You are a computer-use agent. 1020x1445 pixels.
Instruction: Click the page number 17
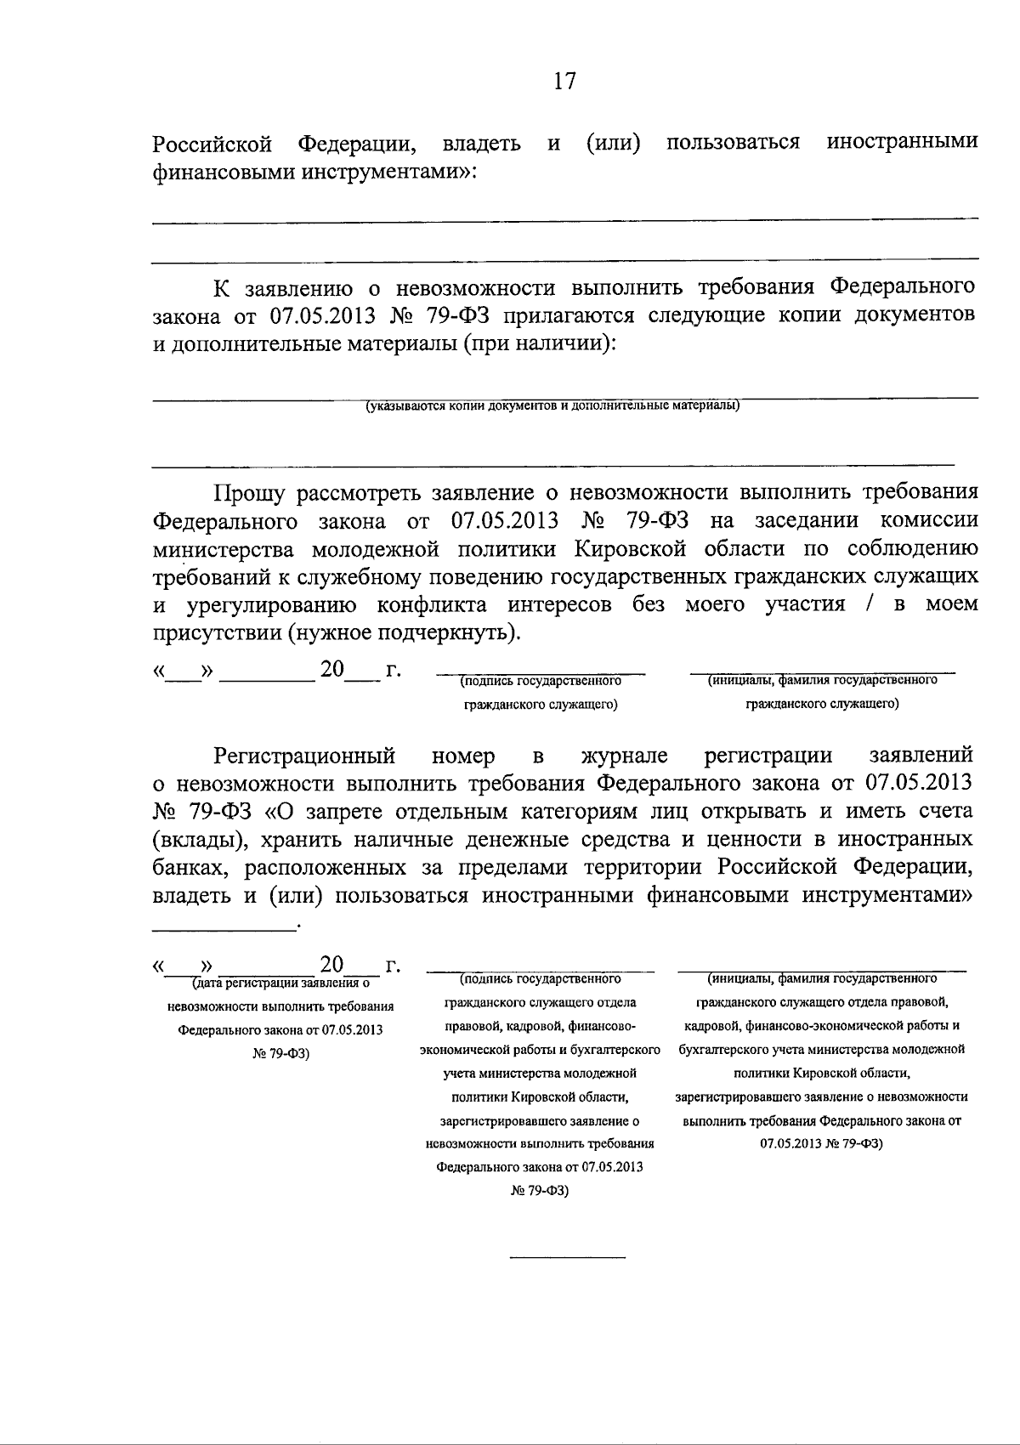click(564, 82)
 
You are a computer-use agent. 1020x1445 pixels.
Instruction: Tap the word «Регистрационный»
click(304, 755)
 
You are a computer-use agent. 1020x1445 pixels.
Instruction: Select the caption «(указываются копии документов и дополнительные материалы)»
click(552, 405)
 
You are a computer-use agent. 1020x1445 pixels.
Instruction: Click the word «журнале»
click(624, 755)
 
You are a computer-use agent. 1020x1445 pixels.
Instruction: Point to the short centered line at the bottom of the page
click(566, 1256)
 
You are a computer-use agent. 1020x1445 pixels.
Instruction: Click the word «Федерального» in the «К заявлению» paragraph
click(902, 287)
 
